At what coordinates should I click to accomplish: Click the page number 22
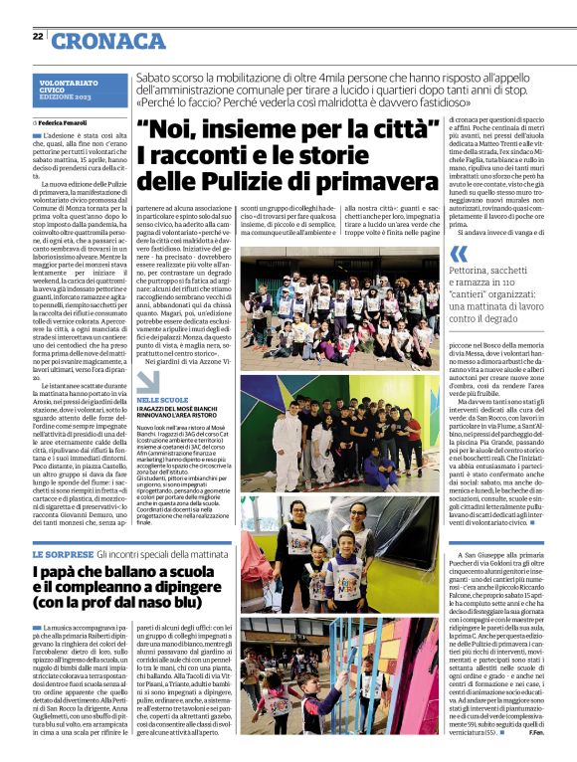[38, 37]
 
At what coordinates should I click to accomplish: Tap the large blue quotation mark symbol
[458, 256]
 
